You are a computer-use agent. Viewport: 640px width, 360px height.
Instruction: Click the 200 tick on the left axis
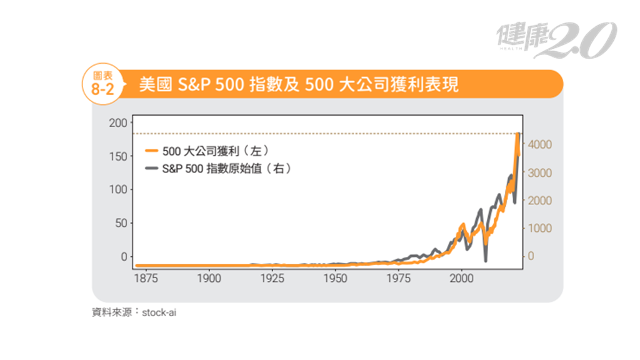pos(118,122)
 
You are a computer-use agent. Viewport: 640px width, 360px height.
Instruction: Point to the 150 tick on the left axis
pos(118,156)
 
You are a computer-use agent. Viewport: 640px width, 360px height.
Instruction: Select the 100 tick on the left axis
pos(118,189)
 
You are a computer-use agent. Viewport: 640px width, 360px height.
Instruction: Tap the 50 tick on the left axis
pos(121,223)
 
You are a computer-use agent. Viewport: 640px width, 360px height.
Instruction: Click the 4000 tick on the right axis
pos(539,144)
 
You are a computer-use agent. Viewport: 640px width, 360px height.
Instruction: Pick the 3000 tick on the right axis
pos(539,172)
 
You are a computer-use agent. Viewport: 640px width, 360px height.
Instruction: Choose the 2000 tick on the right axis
pos(539,201)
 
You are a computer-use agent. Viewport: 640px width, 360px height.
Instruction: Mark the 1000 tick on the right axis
pos(539,229)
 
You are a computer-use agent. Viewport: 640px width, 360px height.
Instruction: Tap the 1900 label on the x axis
pos(209,278)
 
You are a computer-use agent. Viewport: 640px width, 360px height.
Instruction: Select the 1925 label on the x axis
pos(272,278)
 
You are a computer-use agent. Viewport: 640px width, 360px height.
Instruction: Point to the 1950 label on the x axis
pos(336,278)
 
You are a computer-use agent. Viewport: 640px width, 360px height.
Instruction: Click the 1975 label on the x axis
pos(399,278)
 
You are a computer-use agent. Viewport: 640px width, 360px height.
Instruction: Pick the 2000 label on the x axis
pos(462,278)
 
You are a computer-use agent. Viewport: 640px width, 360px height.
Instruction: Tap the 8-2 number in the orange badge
pos(102,89)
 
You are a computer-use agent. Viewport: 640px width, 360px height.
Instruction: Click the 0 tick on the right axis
pos(531,256)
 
